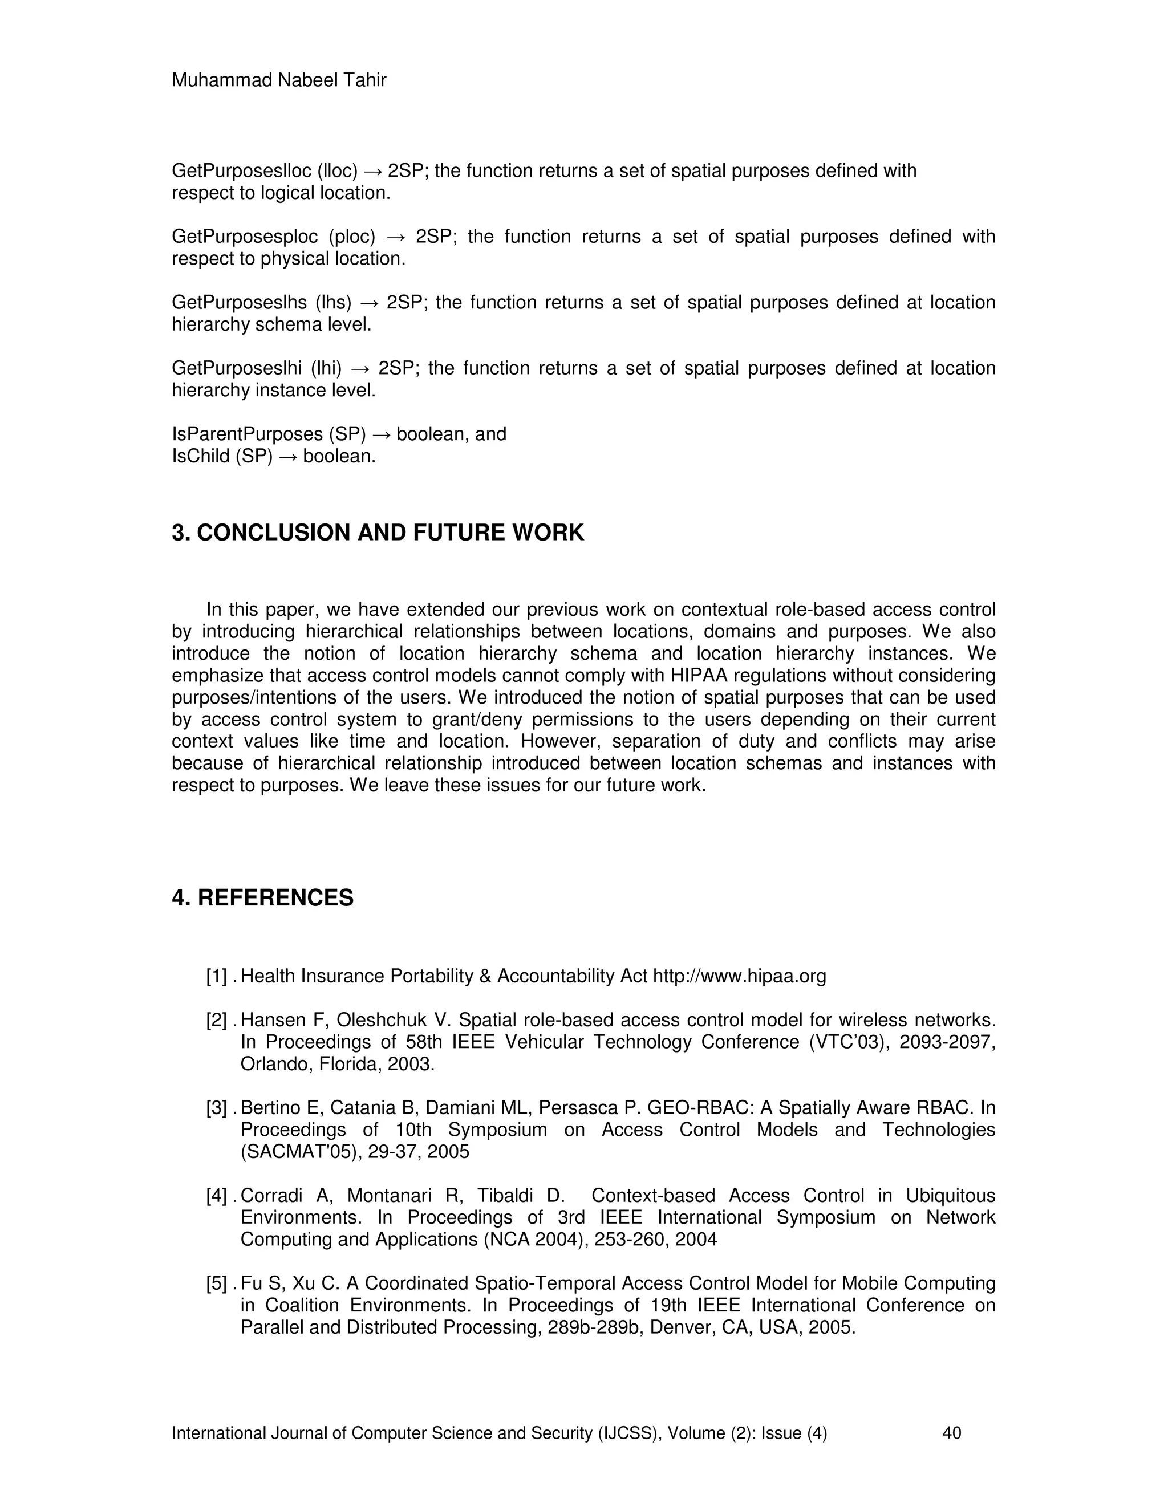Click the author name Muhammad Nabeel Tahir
tap(279, 80)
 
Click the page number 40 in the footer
tap(951, 1433)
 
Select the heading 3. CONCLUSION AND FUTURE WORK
tap(378, 533)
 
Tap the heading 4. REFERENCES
tap(262, 898)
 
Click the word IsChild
tap(200, 457)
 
